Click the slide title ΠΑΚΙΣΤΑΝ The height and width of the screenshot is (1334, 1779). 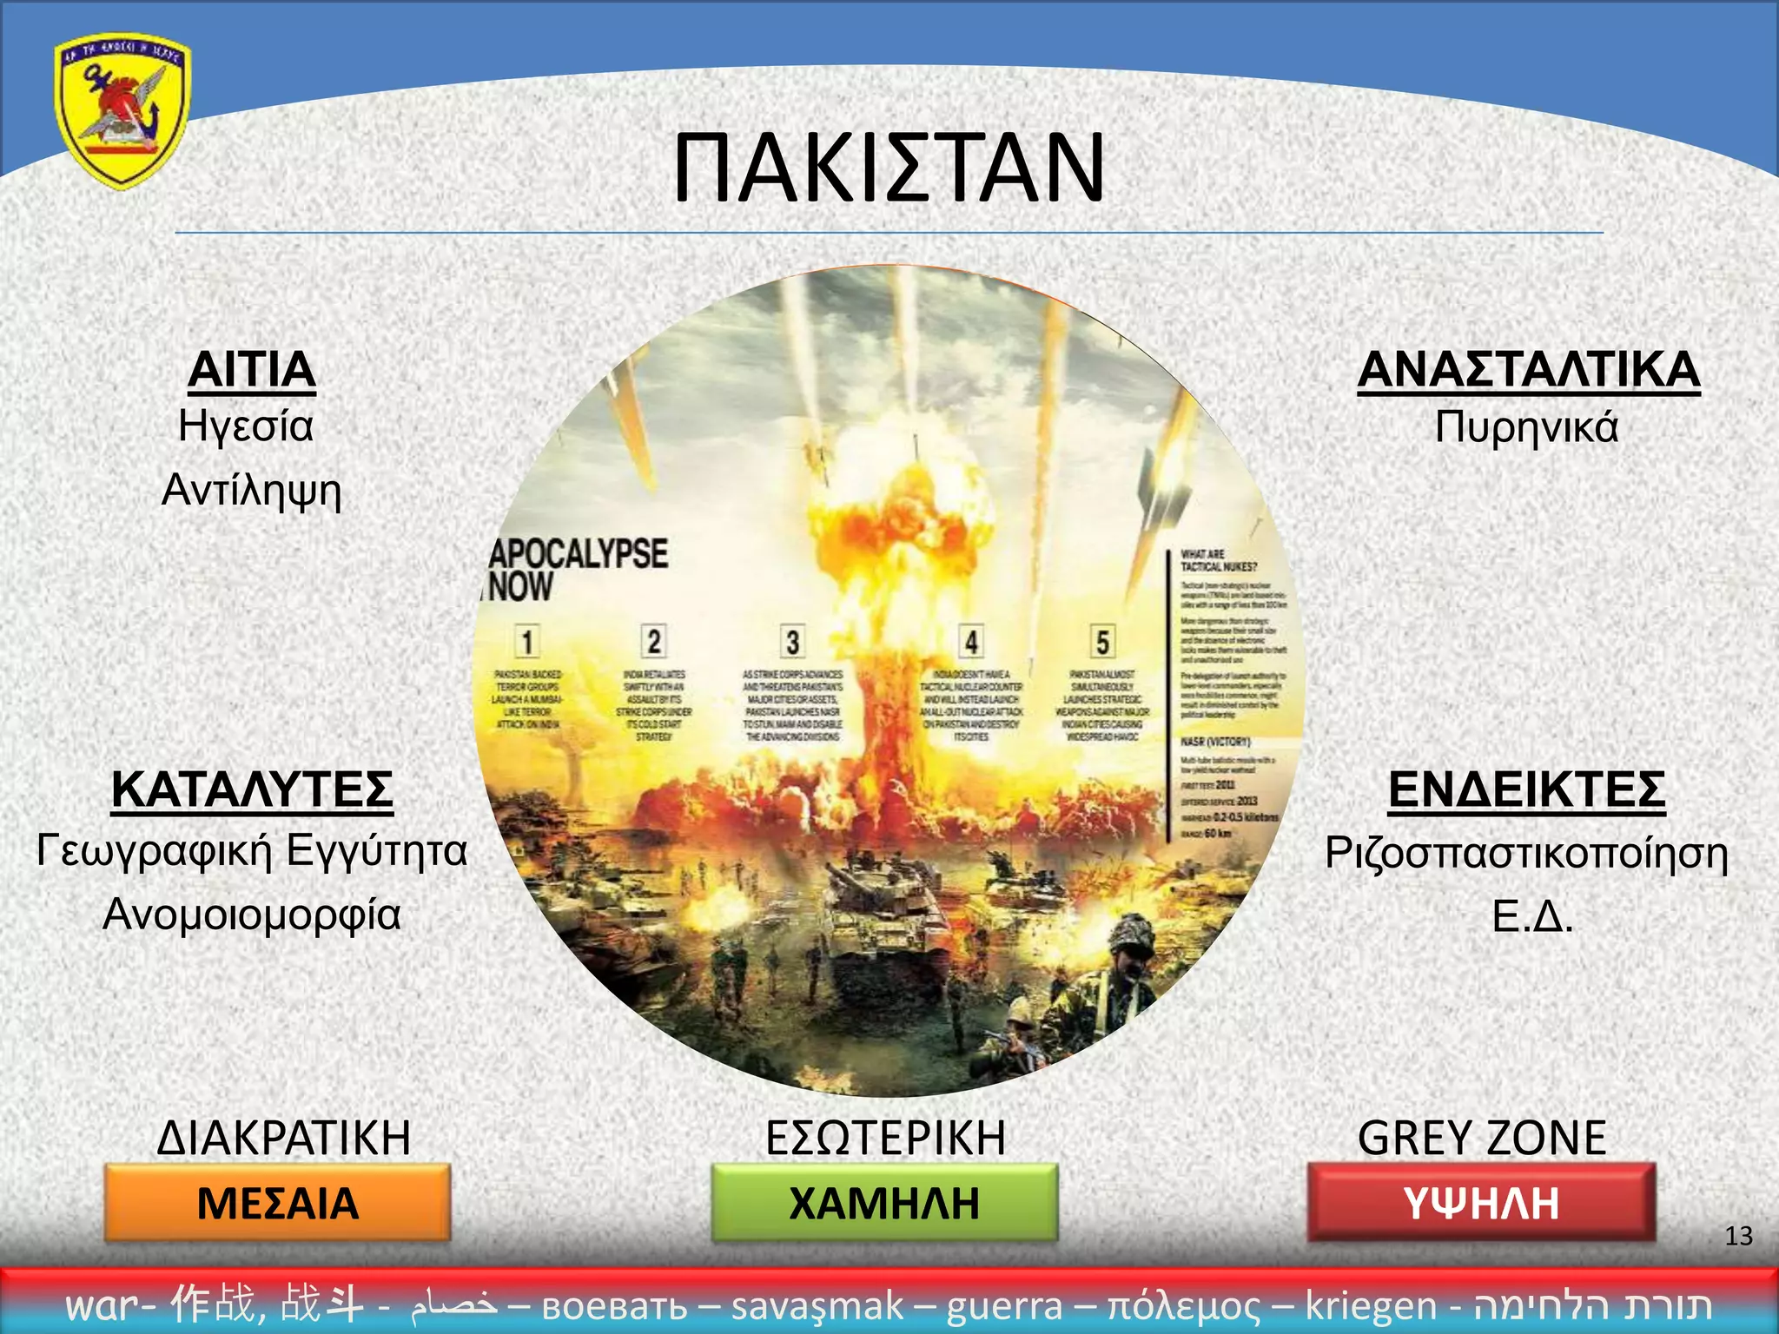tap(889, 167)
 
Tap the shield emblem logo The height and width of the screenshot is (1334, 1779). tap(122, 111)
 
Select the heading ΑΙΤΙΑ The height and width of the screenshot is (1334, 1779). tap(252, 370)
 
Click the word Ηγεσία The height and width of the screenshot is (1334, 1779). tap(246, 426)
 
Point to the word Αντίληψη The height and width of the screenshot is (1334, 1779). tap(252, 490)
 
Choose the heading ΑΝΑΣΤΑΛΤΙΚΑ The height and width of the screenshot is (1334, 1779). tap(1528, 370)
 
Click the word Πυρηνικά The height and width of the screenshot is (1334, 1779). tap(1526, 427)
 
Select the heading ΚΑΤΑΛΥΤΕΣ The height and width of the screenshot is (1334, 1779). tap(252, 789)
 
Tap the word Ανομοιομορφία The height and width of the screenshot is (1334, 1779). tap(252, 915)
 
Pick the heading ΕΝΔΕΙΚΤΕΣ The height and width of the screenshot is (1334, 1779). tap(1526, 789)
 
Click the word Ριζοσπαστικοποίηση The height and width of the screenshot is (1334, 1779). tap(1526, 853)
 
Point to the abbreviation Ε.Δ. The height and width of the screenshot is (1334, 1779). tap(1532, 916)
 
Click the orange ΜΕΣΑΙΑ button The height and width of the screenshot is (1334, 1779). tap(278, 1203)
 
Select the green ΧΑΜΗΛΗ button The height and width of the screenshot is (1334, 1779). tap(884, 1203)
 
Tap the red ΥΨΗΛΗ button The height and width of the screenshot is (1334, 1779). tap(1481, 1203)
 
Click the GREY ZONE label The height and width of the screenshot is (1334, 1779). tap(1482, 1138)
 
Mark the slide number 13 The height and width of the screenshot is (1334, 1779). tap(1738, 1236)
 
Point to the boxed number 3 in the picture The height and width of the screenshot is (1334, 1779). tap(792, 642)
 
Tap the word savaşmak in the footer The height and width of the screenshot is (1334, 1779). tap(817, 1305)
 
